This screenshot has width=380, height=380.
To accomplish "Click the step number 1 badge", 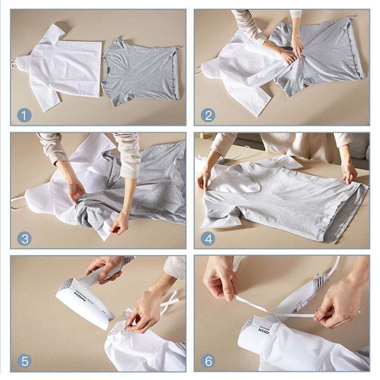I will [x=25, y=115].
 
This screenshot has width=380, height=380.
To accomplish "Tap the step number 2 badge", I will [x=208, y=115].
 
